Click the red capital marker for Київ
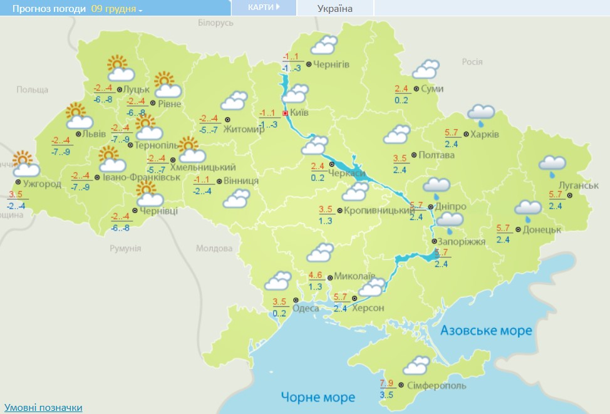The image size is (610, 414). (x=286, y=113)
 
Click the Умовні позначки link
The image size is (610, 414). (x=42, y=408)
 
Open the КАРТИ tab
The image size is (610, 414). (x=264, y=8)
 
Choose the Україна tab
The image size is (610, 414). (x=335, y=8)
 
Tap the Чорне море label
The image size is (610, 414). (x=318, y=397)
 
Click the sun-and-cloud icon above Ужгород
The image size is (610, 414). (x=25, y=164)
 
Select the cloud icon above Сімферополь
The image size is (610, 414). (x=416, y=366)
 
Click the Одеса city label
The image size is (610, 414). (x=306, y=308)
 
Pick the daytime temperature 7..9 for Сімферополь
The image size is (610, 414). (x=386, y=383)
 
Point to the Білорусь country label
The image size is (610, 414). (x=215, y=23)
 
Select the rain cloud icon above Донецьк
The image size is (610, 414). (x=528, y=209)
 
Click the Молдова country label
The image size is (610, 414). (x=214, y=249)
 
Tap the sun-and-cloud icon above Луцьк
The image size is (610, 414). (x=116, y=67)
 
